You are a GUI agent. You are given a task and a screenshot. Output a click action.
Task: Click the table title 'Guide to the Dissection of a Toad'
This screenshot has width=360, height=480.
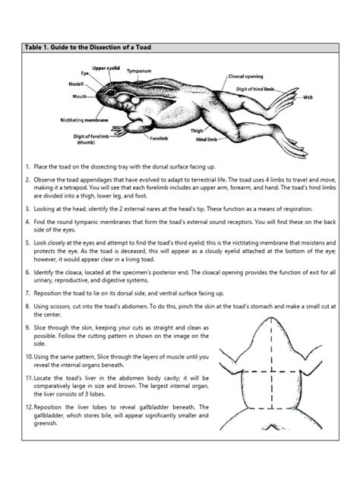(x=101, y=47)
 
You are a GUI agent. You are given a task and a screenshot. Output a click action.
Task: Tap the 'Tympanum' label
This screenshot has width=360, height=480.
(x=139, y=71)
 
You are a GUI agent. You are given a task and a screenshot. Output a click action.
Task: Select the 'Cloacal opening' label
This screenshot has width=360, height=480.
(x=245, y=76)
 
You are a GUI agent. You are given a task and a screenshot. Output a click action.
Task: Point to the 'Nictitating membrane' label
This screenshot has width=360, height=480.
(x=84, y=120)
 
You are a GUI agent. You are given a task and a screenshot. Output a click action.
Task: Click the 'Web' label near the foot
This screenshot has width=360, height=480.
(x=308, y=97)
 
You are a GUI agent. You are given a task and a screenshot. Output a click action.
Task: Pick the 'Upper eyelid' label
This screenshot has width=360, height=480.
(x=106, y=68)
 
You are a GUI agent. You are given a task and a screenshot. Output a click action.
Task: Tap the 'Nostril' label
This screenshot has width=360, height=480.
(x=76, y=84)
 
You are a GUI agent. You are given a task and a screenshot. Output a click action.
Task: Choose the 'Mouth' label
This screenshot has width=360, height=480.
(x=80, y=96)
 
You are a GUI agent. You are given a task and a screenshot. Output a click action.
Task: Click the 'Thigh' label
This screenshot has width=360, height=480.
(x=197, y=131)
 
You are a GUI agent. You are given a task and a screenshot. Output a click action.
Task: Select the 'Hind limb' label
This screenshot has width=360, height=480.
(x=207, y=140)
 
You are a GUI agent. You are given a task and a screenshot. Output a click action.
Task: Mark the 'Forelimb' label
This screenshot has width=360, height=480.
(x=159, y=138)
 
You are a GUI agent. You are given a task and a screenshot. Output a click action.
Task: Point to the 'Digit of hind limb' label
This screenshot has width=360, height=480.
(x=255, y=89)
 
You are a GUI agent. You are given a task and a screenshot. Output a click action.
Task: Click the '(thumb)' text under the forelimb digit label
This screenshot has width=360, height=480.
(x=86, y=142)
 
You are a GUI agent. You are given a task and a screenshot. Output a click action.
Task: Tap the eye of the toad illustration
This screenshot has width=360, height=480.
(x=111, y=93)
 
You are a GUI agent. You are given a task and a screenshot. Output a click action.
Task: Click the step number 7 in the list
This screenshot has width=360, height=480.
(x=27, y=293)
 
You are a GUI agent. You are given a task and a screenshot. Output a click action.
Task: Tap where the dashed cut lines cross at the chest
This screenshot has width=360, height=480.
(x=272, y=372)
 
